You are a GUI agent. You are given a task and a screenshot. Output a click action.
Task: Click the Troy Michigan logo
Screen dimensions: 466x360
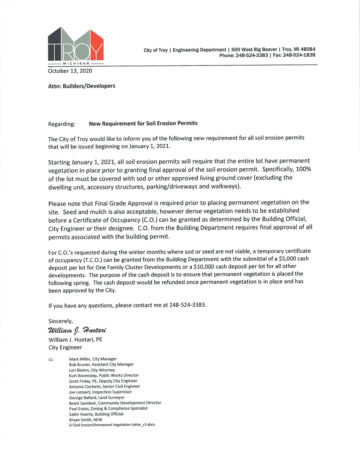[76, 46]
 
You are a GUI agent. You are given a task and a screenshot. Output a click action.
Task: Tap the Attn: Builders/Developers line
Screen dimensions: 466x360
[81, 86]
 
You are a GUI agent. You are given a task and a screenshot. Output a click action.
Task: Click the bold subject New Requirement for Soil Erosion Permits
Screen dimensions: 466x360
[143, 124]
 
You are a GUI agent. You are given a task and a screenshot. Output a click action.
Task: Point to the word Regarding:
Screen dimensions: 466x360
[62, 124]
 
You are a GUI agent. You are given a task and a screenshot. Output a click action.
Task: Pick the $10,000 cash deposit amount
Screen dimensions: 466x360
[205, 266]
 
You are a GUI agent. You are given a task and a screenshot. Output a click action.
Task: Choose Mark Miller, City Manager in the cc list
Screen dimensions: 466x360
[93, 359]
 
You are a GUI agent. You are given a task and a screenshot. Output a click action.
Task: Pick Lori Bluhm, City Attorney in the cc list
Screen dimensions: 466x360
[92, 369]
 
